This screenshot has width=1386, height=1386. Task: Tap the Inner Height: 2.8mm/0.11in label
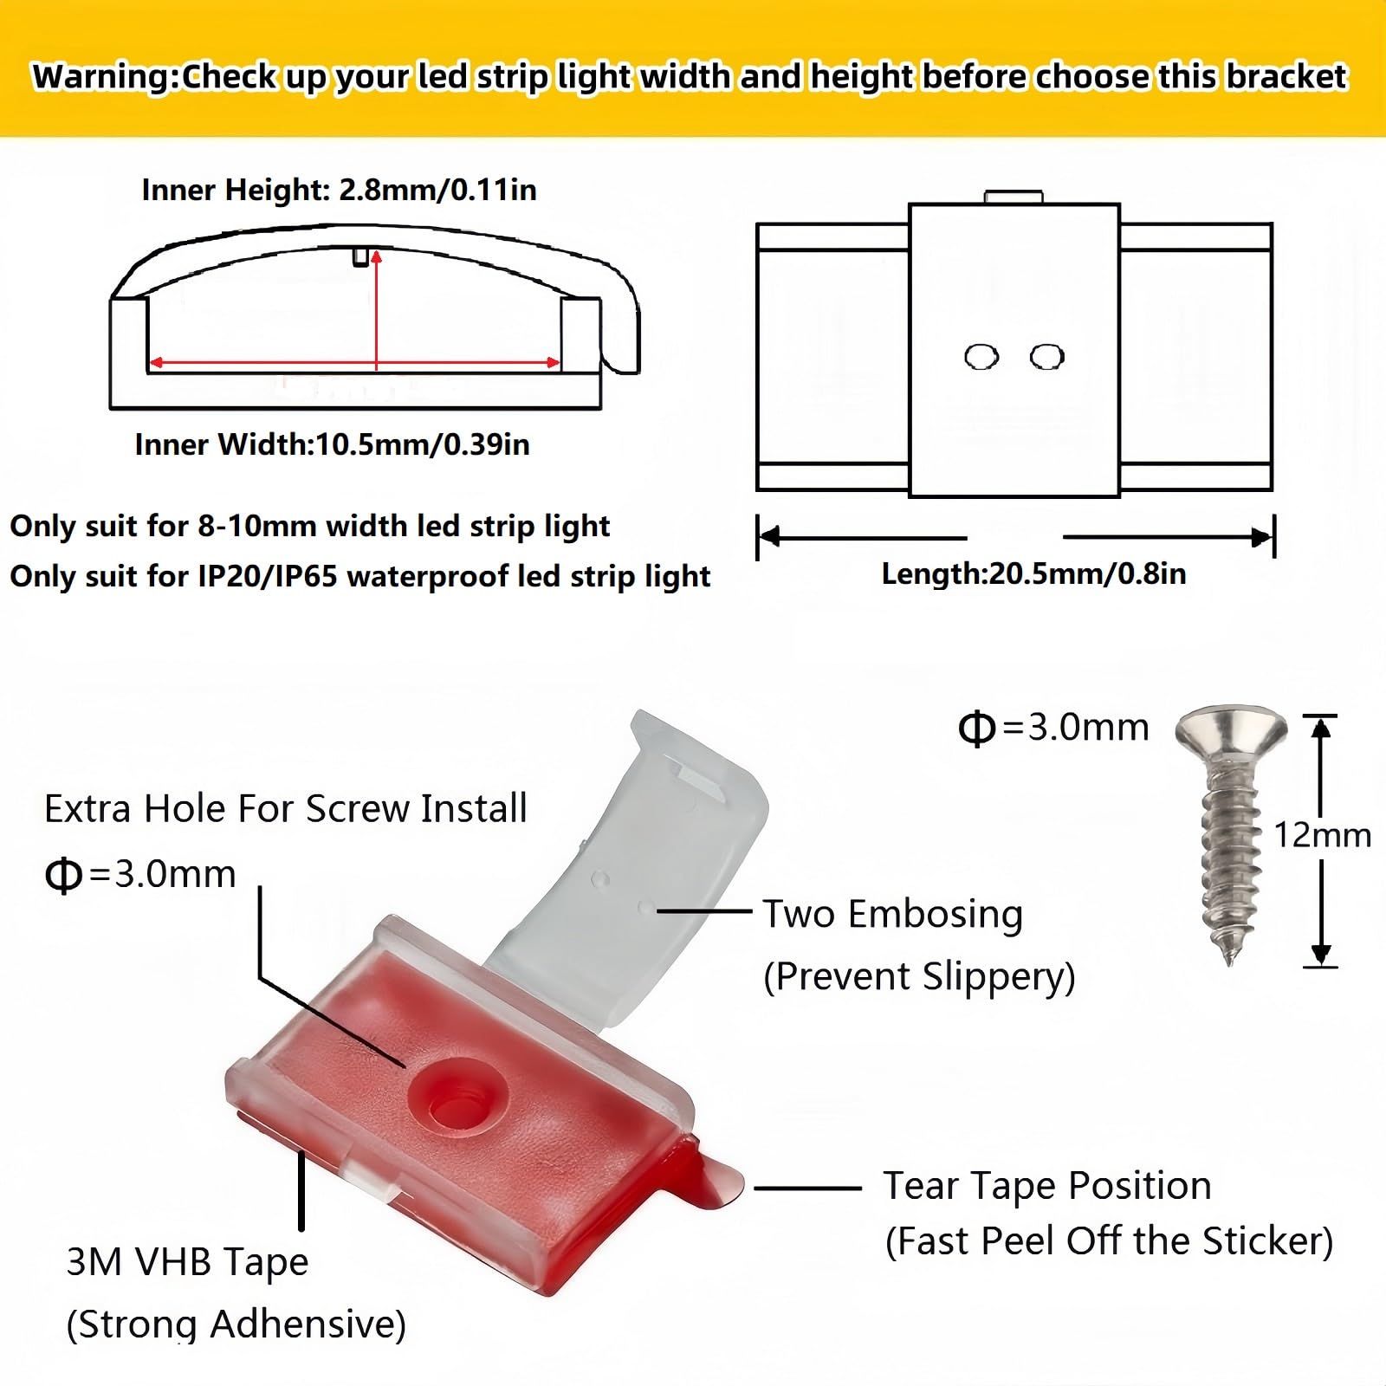[x=339, y=190]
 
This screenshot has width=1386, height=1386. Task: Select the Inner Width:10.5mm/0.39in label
[x=332, y=444]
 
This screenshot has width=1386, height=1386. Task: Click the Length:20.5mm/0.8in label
[x=1033, y=573]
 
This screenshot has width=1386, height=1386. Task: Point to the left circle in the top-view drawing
[x=981, y=356]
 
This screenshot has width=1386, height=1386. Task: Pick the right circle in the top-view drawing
[x=1046, y=356]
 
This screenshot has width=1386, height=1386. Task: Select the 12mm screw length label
[x=1322, y=835]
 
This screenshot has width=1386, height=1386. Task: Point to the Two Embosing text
[x=892, y=914]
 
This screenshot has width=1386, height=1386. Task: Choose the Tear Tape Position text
[x=1046, y=1185]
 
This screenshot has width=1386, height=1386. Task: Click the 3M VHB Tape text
[x=187, y=1261]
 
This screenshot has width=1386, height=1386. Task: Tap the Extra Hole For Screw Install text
[x=285, y=808]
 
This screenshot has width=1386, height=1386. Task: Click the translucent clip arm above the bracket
[x=641, y=866]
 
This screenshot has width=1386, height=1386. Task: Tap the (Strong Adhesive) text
[x=236, y=1324]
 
